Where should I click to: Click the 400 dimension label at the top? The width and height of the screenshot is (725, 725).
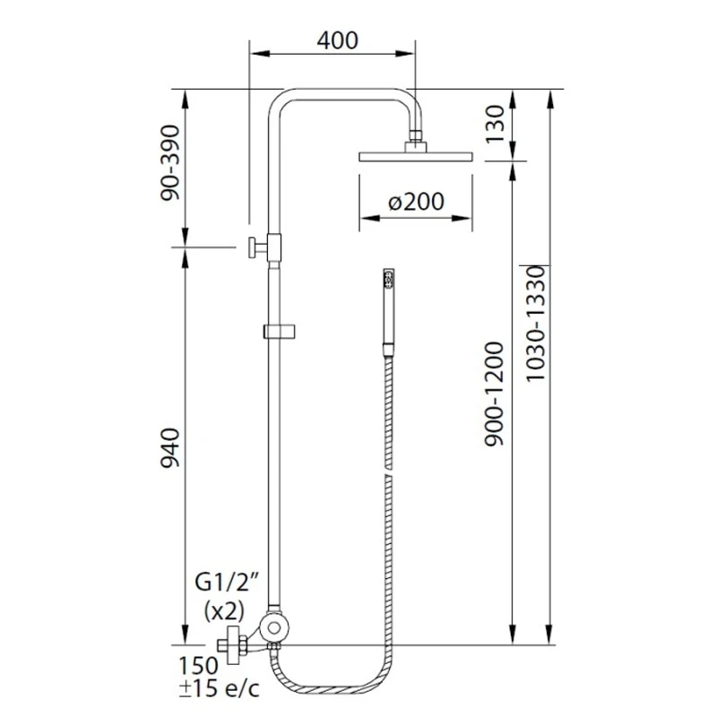pyautogui.click(x=338, y=40)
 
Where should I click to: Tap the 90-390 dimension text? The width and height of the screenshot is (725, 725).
pyautogui.click(x=169, y=162)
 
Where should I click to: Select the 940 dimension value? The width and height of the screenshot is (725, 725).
pyautogui.click(x=169, y=448)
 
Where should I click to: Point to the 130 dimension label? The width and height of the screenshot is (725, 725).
pyautogui.click(x=495, y=124)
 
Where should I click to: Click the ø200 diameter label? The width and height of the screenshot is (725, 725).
pyautogui.click(x=416, y=201)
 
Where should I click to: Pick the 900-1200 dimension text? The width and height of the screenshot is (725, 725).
pyautogui.click(x=494, y=394)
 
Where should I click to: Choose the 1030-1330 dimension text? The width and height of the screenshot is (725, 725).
pyautogui.click(x=536, y=324)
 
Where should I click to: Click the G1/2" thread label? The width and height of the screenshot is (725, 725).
pyautogui.click(x=226, y=583)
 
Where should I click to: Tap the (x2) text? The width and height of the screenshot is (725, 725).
pyautogui.click(x=224, y=611)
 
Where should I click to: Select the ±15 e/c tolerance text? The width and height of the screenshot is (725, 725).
pyautogui.click(x=220, y=689)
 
